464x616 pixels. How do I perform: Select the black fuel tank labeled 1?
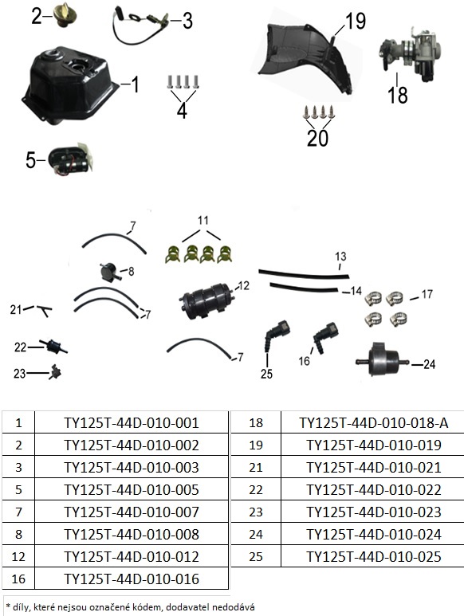[69, 85]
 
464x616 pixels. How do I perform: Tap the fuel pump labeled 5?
[70, 159]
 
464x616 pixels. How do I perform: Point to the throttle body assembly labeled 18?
[410, 55]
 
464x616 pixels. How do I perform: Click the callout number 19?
[356, 21]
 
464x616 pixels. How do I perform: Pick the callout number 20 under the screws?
[317, 139]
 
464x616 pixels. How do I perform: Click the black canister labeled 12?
[207, 301]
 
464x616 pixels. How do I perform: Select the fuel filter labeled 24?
[382, 359]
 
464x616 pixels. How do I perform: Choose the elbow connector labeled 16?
[326, 337]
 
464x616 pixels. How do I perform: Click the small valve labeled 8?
[109, 272]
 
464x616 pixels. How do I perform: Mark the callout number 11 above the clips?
[203, 221]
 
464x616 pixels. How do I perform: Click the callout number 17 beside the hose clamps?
[427, 294]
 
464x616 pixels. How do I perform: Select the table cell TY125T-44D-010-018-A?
[374, 422]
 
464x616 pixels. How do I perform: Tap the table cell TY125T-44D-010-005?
[132, 490]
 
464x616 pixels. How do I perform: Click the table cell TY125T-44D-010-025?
[374, 557]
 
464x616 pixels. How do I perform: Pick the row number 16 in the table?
[18, 579]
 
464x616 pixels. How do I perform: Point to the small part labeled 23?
[55, 371]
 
